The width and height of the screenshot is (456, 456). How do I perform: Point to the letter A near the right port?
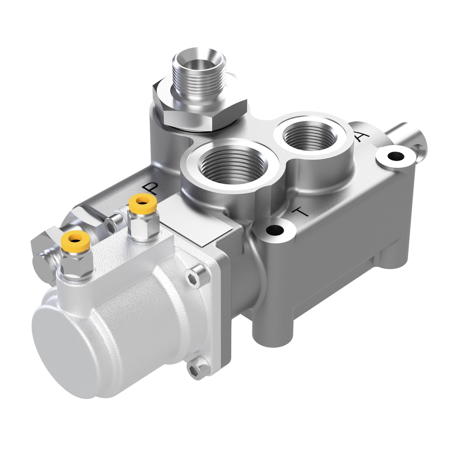[361, 136]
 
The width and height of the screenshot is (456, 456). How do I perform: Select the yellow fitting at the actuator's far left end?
[76, 239]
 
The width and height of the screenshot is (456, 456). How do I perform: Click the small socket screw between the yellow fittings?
[112, 226]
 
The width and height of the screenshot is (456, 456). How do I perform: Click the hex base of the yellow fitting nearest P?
[142, 228]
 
